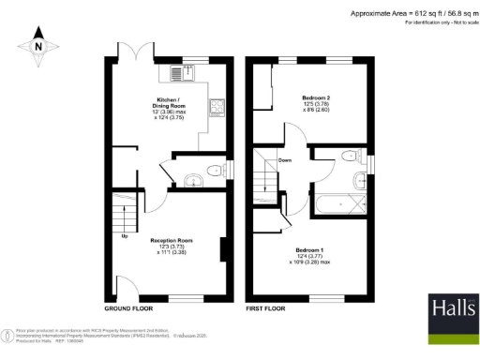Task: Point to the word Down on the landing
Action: pos(285,160)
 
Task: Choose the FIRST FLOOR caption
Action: pos(265,307)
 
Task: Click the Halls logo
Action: pos(449,315)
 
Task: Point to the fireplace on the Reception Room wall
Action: pos(223,250)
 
